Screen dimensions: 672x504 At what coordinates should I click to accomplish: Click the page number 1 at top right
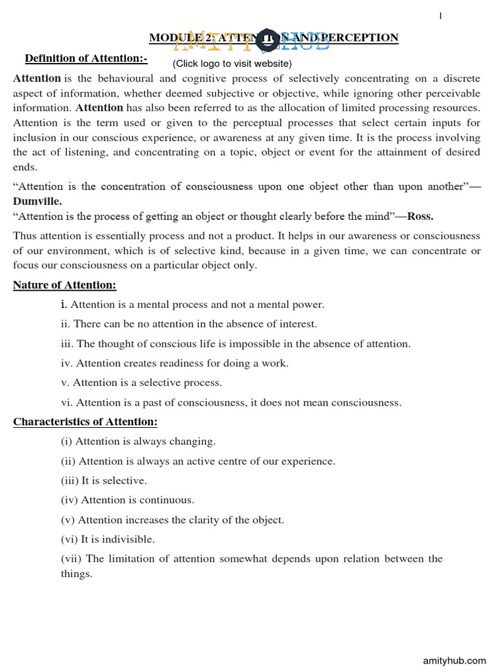point(441,16)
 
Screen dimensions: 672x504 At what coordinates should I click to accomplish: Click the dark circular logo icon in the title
point(267,40)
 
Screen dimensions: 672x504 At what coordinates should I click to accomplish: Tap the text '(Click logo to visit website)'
point(232,64)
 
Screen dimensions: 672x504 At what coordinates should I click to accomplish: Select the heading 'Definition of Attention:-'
point(86,59)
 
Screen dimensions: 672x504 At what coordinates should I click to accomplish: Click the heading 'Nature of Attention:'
point(64,284)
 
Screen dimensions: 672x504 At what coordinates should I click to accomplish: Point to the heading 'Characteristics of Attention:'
point(85,421)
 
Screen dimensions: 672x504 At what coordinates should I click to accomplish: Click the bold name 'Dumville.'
point(37,201)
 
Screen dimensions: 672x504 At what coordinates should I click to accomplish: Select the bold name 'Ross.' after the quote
point(420,216)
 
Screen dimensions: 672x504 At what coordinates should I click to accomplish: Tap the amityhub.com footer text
point(453,660)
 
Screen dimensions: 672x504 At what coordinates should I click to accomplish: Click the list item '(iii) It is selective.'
point(104,480)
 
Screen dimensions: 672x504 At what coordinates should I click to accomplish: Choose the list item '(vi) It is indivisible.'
point(108,539)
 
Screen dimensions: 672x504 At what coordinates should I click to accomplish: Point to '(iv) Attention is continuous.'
point(127,500)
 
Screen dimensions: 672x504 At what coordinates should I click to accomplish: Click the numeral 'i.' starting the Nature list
point(64,304)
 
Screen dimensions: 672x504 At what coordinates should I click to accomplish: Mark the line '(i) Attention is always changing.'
point(138,441)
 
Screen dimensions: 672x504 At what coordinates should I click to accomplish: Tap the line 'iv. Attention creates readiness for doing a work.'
point(174,363)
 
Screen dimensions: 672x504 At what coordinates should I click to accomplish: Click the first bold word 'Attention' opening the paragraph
point(37,78)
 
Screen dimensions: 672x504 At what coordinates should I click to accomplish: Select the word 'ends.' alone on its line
point(25,167)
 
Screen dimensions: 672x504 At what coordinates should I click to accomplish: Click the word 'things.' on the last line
point(77,574)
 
